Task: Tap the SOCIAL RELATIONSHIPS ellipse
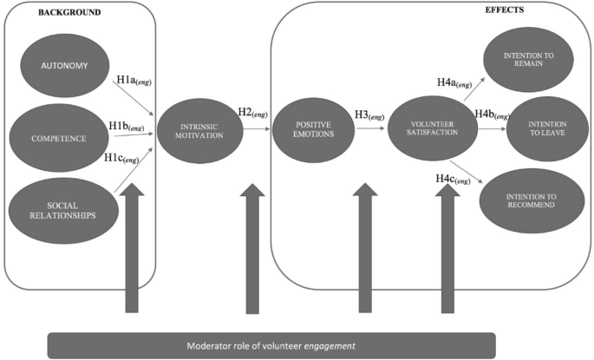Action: point(61,209)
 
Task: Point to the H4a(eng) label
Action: point(454,83)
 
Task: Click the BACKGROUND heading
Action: point(45,13)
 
